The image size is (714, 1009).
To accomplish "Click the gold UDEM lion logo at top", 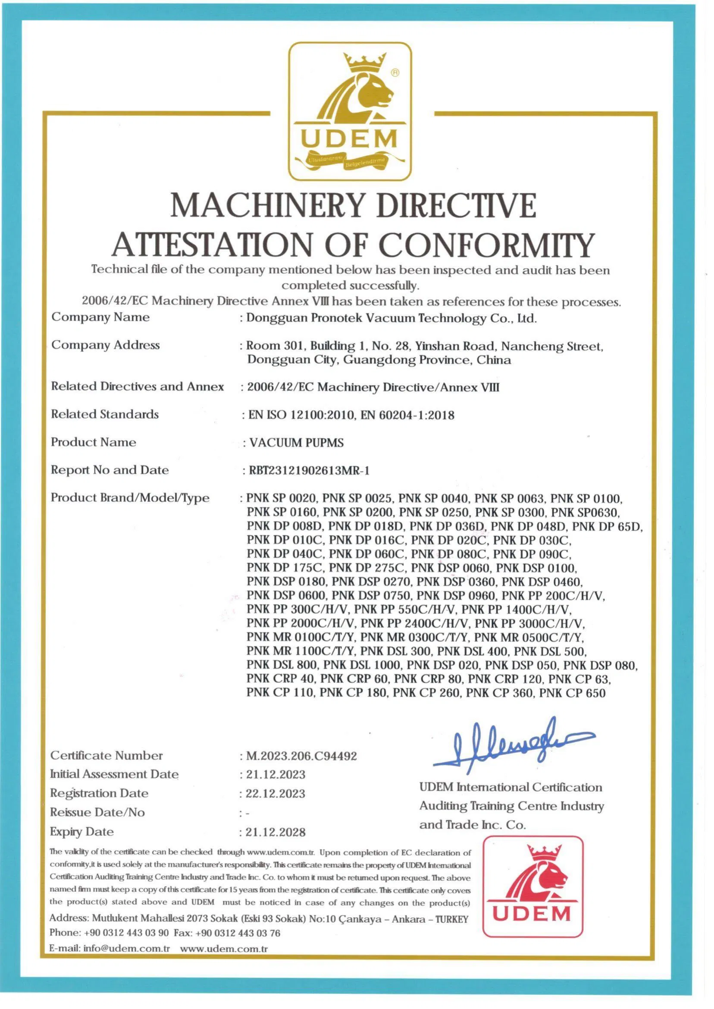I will pyautogui.click(x=350, y=111).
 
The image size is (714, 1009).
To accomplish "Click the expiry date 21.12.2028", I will pyautogui.click(x=275, y=832).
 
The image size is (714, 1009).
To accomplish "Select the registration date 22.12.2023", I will pyautogui.click(x=275, y=793).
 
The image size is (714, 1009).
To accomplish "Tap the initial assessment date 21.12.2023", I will pyautogui.click(x=275, y=775).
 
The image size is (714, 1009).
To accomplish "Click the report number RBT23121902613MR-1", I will pyautogui.click(x=309, y=471).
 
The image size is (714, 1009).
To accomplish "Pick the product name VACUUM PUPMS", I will pyautogui.click(x=296, y=443).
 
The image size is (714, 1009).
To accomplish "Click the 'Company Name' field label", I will pyautogui.click(x=100, y=317).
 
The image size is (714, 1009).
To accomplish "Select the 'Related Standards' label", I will pyautogui.click(x=105, y=414).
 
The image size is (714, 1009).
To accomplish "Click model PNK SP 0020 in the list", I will pyautogui.click(x=281, y=498).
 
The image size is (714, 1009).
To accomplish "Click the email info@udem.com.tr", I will pyautogui.click(x=127, y=948).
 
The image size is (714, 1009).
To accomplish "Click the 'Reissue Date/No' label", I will pyautogui.click(x=97, y=812).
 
